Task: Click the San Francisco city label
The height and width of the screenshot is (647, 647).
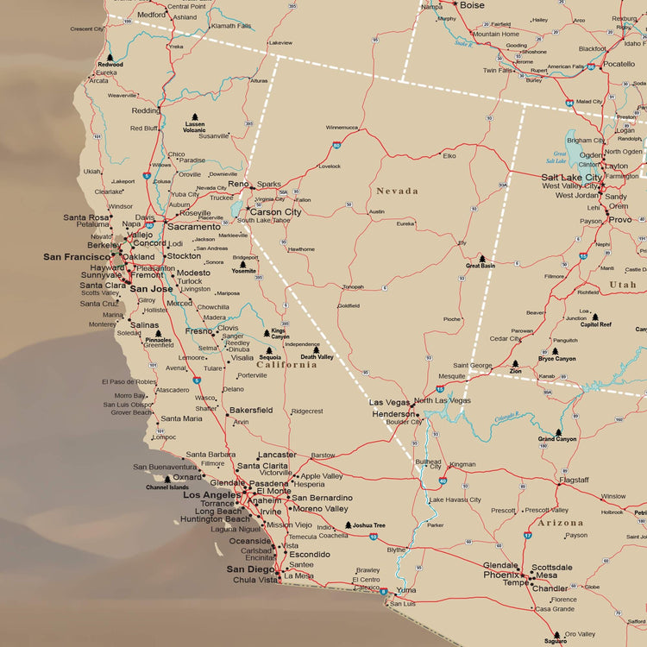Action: tap(76, 256)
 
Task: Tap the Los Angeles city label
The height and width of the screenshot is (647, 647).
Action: tap(211, 495)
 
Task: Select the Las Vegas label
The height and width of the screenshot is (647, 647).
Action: tap(389, 402)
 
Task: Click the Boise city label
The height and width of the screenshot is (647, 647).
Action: tap(472, 5)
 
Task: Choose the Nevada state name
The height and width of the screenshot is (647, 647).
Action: tap(397, 191)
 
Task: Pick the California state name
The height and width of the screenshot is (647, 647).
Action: tap(286, 364)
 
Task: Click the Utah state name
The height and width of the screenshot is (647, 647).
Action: tap(622, 285)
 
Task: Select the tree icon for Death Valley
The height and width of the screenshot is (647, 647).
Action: tap(317, 350)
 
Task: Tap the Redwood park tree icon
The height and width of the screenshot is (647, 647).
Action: tap(110, 57)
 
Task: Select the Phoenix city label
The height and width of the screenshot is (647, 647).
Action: tap(500, 575)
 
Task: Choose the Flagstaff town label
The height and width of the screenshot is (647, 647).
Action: tap(574, 480)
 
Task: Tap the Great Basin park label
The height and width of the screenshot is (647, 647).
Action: tap(481, 267)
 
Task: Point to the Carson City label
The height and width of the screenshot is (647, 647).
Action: tap(275, 211)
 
